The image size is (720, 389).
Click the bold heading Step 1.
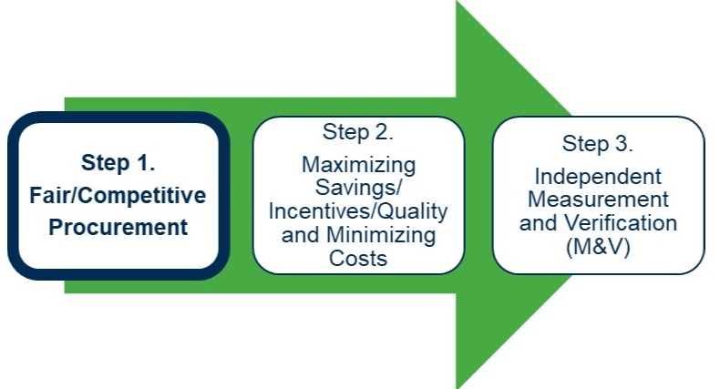(118, 163)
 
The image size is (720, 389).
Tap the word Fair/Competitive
(118, 196)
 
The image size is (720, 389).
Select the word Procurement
(118, 228)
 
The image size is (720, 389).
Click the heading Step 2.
(358, 133)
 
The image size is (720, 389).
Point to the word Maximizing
(358, 165)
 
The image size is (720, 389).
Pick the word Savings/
(358, 188)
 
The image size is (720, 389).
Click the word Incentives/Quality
(358, 211)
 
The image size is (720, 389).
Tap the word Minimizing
(381, 235)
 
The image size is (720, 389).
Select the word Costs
(358, 258)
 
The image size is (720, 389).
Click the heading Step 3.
(598, 144)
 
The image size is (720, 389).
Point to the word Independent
(598, 177)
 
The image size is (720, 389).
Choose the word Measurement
(598, 200)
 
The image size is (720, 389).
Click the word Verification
(621, 223)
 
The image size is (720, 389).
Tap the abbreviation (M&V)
(598, 247)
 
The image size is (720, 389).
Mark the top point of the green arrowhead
(457, 1)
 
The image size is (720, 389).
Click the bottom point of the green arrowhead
(457, 388)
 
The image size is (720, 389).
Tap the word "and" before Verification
(539, 223)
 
